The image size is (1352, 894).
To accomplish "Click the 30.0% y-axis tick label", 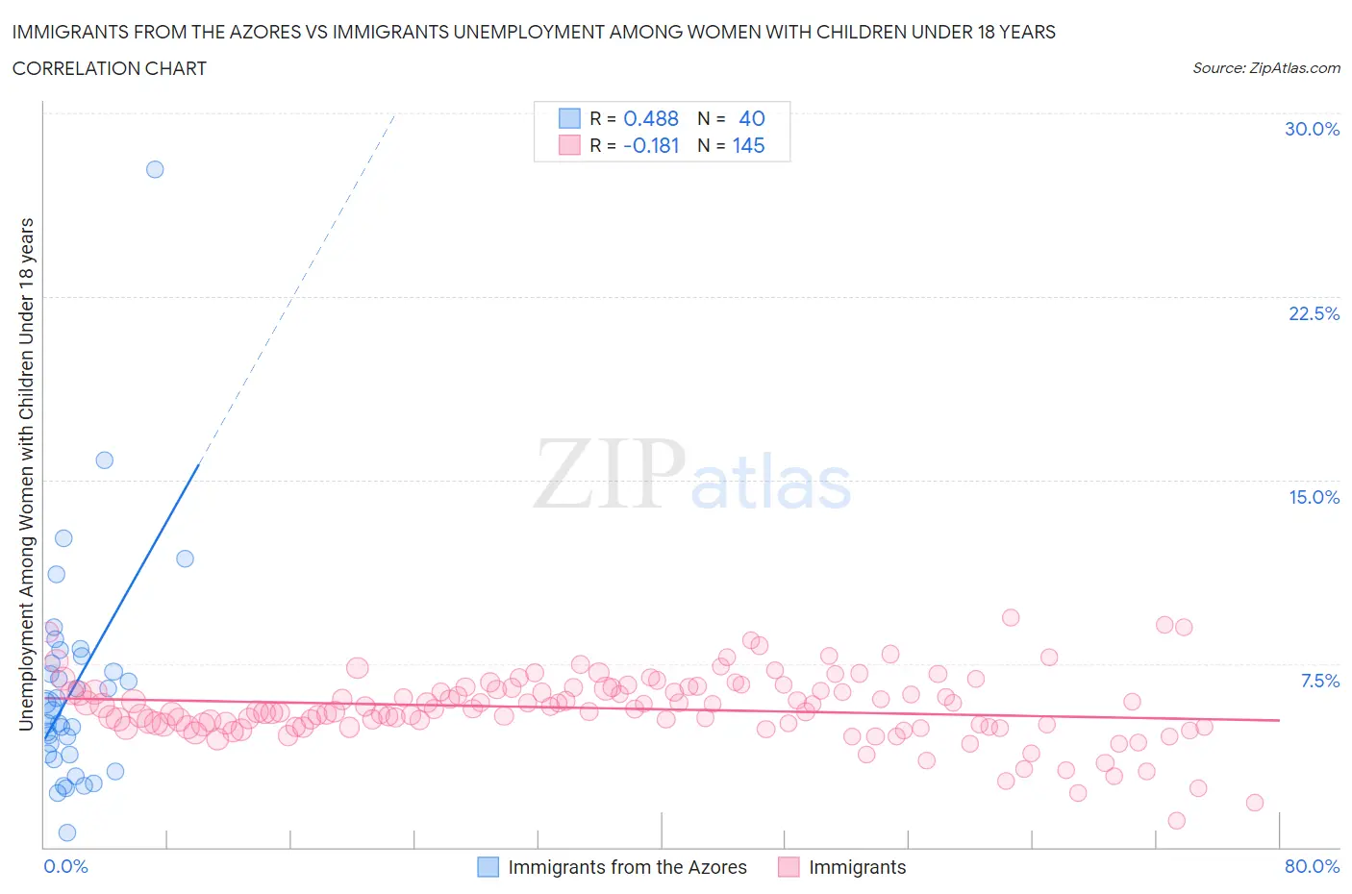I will click(x=1312, y=129).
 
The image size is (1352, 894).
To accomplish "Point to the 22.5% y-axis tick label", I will click(x=1314, y=313).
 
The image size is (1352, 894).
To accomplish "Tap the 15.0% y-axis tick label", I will click(x=1314, y=497).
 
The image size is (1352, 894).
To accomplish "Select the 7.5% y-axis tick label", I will click(x=1319, y=681).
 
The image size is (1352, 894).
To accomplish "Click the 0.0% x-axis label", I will click(x=65, y=866).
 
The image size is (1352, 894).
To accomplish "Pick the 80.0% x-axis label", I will click(x=1312, y=866).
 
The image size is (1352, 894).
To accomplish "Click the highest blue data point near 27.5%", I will click(x=155, y=169).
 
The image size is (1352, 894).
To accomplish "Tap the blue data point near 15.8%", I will click(x=105, y=459).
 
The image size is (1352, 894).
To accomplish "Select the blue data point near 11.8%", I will click(x=186, y=559).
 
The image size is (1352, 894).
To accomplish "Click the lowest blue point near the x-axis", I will click(x=67, y=832).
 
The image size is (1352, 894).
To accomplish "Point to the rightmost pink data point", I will click(x=1254, y=803).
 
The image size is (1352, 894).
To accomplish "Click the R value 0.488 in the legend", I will click(x=651, y=118).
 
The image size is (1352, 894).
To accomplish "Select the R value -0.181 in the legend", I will click(x=651, y=145).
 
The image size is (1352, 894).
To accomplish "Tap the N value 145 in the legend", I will click(x=748, y=145).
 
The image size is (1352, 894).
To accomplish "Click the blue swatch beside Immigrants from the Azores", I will click(x=488, y=867).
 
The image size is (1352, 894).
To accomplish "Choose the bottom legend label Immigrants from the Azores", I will click(x=627, y=867).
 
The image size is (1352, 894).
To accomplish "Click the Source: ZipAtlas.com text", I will click(x=1265, y=67).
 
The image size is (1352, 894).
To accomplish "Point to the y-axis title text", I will click(x=26, y=473).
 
